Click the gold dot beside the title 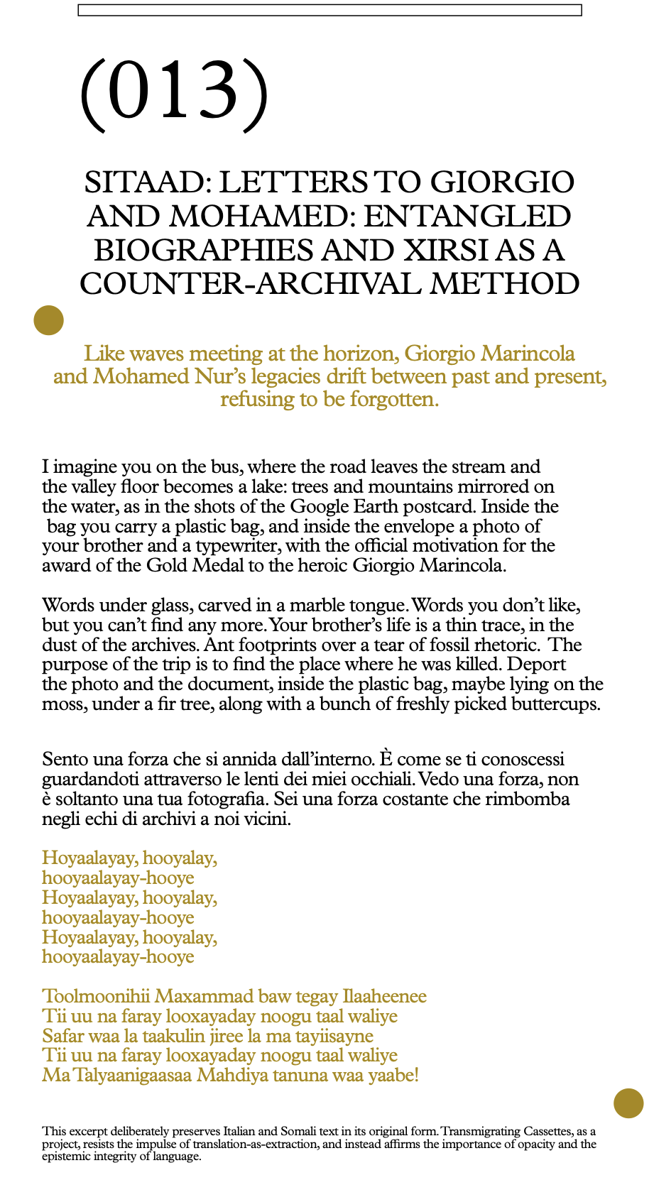(48, 319)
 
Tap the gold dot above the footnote (628, 1103)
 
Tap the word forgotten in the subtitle (389, 399)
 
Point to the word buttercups (557, 704)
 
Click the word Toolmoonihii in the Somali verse (96, 996)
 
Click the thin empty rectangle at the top (329, 10)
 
